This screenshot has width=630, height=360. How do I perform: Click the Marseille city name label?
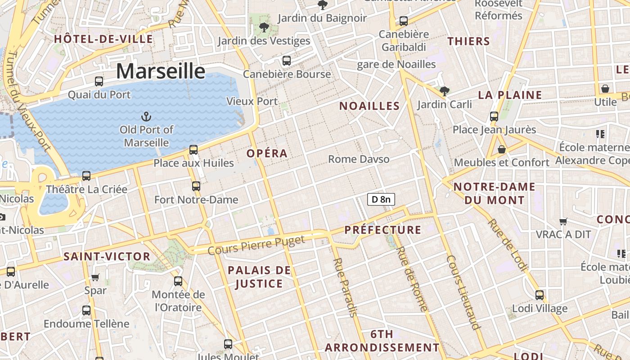tap(161, 72)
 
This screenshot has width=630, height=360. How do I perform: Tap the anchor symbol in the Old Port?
tap(146, 117)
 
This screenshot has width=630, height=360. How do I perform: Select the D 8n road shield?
tap(381, 199)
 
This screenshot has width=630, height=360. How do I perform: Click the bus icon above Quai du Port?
tap(99, 81)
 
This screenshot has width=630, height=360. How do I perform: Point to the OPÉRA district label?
tap(267, 153)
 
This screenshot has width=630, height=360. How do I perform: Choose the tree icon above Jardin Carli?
tap(445, 91)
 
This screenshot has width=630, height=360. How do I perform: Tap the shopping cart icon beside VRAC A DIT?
tap(563, 221)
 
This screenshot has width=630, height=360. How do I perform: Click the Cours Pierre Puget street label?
tap(256, 245)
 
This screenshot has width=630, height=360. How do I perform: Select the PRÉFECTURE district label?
tap(383, 230)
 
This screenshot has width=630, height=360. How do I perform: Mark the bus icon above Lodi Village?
tap(540, 295)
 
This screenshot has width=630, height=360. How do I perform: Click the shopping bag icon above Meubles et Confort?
tap(502, 149)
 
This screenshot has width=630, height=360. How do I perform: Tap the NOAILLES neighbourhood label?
tap(369, 106)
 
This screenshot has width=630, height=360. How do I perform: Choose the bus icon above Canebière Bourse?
tap(287, 61)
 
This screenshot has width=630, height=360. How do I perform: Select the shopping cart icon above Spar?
tap(95, 277)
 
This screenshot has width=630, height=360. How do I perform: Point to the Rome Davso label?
tap(359, 159)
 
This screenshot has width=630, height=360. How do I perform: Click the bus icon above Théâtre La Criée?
tap(86, 176)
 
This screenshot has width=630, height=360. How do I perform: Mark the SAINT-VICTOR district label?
tap(107, 256)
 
